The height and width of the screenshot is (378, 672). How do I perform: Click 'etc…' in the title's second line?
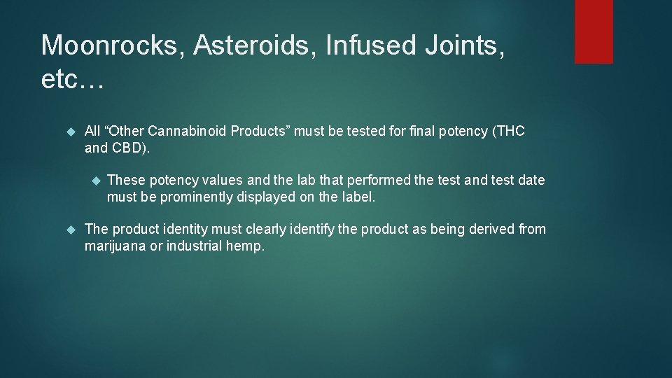(72, 80)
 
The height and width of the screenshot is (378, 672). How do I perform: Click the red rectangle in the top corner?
(594, 31)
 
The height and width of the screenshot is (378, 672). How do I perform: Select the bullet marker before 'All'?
(69, 132)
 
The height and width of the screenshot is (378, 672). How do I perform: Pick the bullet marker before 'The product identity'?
(69, 230)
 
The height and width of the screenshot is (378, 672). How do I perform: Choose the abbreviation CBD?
(127, 148)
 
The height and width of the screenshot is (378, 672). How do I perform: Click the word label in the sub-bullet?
(357, 197)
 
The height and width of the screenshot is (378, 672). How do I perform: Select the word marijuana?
(115, 246)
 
